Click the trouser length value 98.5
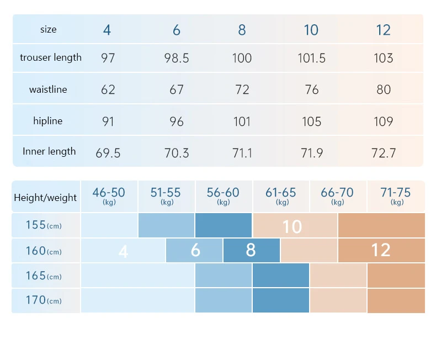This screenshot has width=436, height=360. [x=177, y=58]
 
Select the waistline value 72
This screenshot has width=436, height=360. [x=242, y=89]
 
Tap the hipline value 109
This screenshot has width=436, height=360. [x=383, y=121]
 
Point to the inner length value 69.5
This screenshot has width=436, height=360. [x=108, y=153]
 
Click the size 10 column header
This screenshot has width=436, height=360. [x=311, y=30]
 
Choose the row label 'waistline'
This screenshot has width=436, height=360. [x=48, y=89]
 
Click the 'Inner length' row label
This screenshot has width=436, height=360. [x=49, y=151]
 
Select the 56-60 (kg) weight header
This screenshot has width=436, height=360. [x=223, y=195]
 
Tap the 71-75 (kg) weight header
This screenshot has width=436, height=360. [x=395, y=195]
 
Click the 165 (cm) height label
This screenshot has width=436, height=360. [x=44, y=276]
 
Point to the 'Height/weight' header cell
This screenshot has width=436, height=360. [x=45, y=198]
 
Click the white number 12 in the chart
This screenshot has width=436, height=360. [x=381, y=250]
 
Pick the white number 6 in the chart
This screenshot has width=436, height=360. [x=195, y=250]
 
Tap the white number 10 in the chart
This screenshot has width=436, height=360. [x=292, y=226]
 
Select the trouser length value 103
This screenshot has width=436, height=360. [x=383, y=58]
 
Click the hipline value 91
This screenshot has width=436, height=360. [x=108, y=121]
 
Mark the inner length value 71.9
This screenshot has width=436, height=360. [x=312, y=153]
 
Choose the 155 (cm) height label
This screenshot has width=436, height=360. [x=44, y=225]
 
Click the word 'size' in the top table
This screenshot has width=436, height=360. [x=49, y=29]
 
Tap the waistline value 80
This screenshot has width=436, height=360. [x=384, y=89]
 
